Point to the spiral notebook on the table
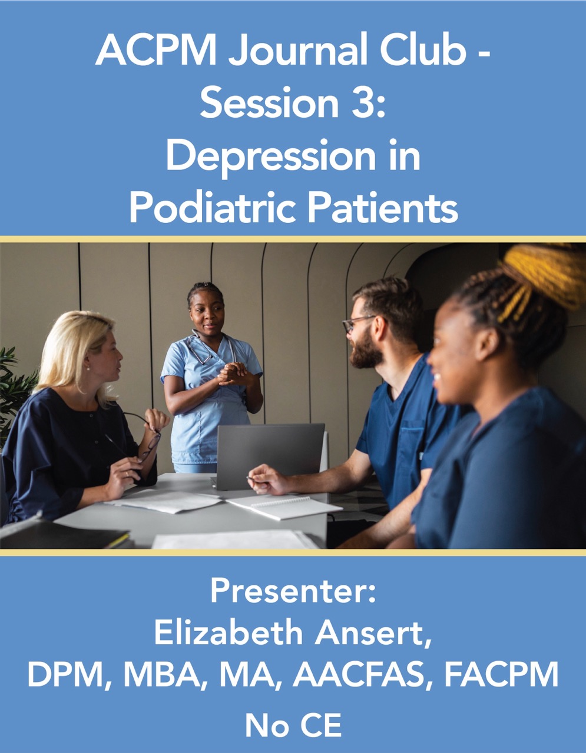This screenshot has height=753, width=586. [x=284, y=507]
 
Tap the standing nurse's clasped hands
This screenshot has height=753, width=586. [x=236, y=374]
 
